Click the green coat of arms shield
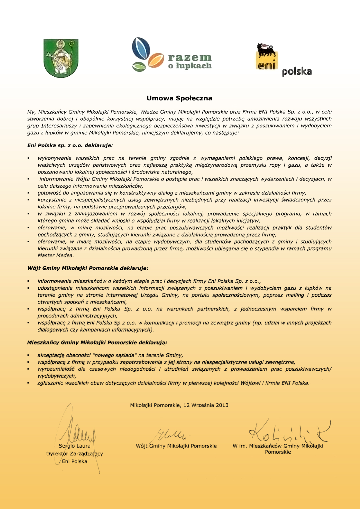pyautogui.click(x=61, y=58)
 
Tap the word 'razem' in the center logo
pyautogui.click(x=190, y=57)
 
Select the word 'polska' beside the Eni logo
pyautogui.click(x=297, y=72)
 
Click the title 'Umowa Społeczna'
pyautogui.click(x=179, y=98)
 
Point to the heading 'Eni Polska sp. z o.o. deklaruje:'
pyautogui.click(x=70, y=145)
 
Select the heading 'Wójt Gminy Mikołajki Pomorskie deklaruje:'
pyautogui.click(x=88, y=268)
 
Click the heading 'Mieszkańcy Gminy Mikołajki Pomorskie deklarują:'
pyautogui.click(x=97, y=342)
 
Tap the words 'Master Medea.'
pyautogui.click(x=56, y=255)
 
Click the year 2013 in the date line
pyautogui.click(x=222, y=405)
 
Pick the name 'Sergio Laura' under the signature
pyautogui.click(x=75, y=446)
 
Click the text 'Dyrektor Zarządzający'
pyautogui.click(x=75, y=454)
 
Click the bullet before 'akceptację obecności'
pyautogui.click(x=28, y=355)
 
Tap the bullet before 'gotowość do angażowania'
pyautogui.click(x=28, y=193)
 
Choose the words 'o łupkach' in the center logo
pyautogui.click(x=190, y=66)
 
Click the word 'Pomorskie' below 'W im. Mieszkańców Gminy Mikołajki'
pyautogui.click(x=278, y=452)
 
